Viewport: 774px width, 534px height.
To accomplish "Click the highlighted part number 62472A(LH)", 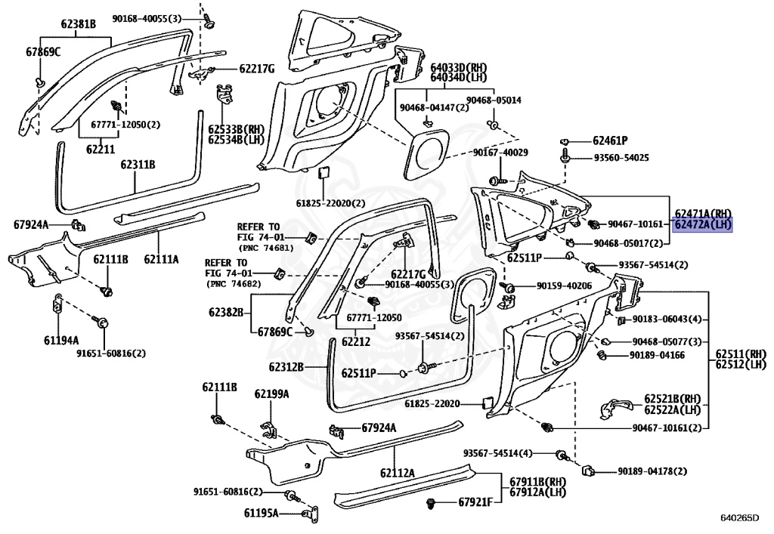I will pos(703,224).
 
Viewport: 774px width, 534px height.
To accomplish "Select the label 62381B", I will pos(79,24).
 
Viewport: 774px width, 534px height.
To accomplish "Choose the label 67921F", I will pos(475,502).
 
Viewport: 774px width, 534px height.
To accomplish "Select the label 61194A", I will pos(60,340).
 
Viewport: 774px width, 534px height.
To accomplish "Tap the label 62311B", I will pos(137,164).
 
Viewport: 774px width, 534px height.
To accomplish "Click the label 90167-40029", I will pos(500,153).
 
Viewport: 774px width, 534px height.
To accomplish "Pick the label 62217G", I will pos(257,69).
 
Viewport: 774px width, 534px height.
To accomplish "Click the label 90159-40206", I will pos(565,286).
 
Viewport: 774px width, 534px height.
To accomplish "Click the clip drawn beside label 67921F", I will pos(432,502).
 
